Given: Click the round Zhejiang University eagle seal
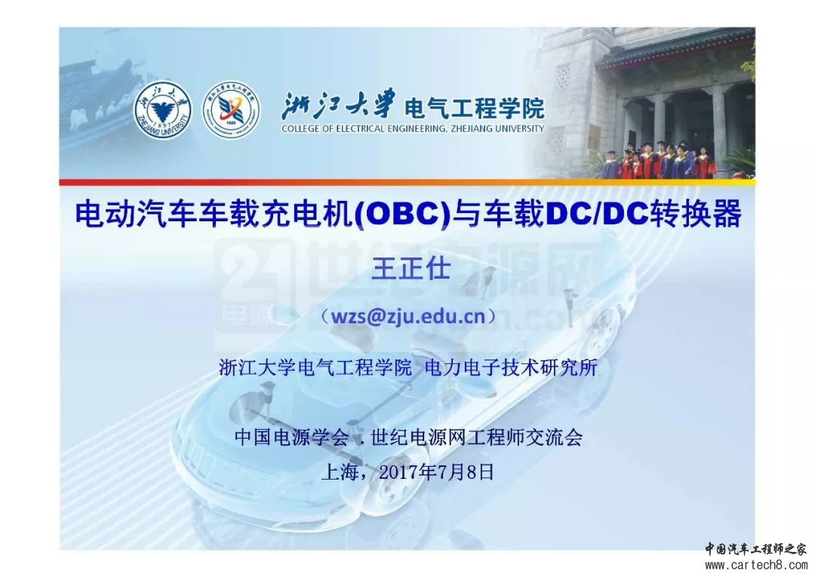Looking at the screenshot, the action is point(163,111).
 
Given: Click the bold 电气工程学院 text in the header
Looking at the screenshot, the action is point(474,108).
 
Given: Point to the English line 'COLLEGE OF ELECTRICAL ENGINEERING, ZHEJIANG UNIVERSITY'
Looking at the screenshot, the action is point(413,128).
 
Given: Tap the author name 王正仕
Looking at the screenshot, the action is point(411,269).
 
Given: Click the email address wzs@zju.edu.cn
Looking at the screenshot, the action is point(408,316).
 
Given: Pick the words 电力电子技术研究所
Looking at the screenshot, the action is point(511,367).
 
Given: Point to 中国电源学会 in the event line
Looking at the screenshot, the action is point(291,437).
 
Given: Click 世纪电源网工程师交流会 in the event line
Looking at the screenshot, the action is point(477,437).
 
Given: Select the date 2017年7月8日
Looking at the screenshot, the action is point(436,472).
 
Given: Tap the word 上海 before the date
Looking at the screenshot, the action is point(341,472).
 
